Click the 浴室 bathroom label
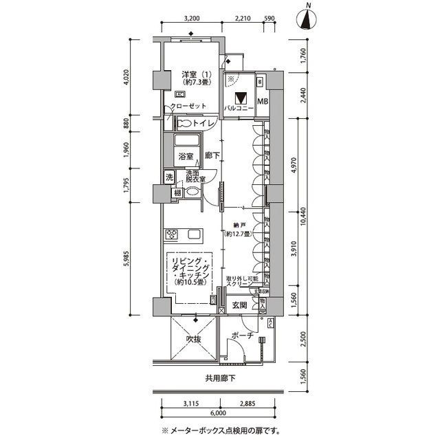(x=186, y=157)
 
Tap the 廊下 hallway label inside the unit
(x=212, y=157)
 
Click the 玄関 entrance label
(x=239, y=305)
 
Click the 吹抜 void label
(x=194, y=340)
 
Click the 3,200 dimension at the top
(x=192, y=19)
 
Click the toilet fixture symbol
(x=184, y=124)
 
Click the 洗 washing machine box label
(x=169, y=177)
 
